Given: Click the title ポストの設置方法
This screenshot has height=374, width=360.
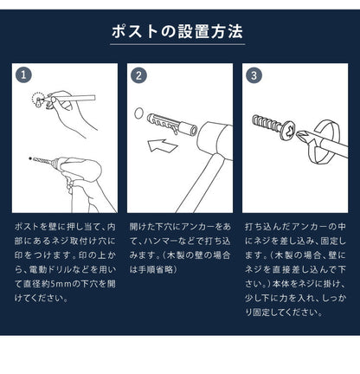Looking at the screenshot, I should click(179, 33).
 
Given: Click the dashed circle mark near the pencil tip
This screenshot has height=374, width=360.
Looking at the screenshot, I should click(36, 100).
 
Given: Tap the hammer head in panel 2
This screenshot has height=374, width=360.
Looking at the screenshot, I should click(211, 137).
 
